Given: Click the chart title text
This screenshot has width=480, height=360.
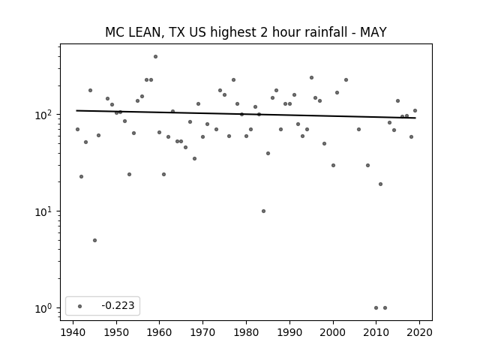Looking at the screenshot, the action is [246, 32].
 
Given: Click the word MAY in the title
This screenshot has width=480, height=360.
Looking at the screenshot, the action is [373, 32].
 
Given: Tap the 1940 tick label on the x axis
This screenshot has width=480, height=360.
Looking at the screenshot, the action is [73, 332].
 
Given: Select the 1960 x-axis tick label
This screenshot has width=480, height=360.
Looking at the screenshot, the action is [160, 332].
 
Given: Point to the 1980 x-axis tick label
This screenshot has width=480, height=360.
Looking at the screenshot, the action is [246, 332].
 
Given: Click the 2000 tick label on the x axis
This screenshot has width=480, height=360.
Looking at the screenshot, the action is [333, 332].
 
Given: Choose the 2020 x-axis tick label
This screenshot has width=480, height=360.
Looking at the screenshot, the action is [419, 332].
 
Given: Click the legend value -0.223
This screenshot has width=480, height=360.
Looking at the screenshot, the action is [118, 305].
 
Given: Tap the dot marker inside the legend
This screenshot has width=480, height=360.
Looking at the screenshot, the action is [80, 306].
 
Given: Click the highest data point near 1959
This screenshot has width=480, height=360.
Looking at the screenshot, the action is [155, 57].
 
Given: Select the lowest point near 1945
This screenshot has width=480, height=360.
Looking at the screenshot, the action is [95, 240].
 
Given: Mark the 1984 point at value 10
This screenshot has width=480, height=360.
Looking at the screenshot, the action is [263, 211].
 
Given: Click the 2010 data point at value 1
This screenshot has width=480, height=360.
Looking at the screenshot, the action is [376, 308].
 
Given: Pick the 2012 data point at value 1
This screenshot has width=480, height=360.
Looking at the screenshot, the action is [385, 308].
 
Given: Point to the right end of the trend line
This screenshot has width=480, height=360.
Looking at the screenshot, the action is [415, 118].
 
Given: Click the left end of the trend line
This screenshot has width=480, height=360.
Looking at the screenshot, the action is [76, 110].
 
